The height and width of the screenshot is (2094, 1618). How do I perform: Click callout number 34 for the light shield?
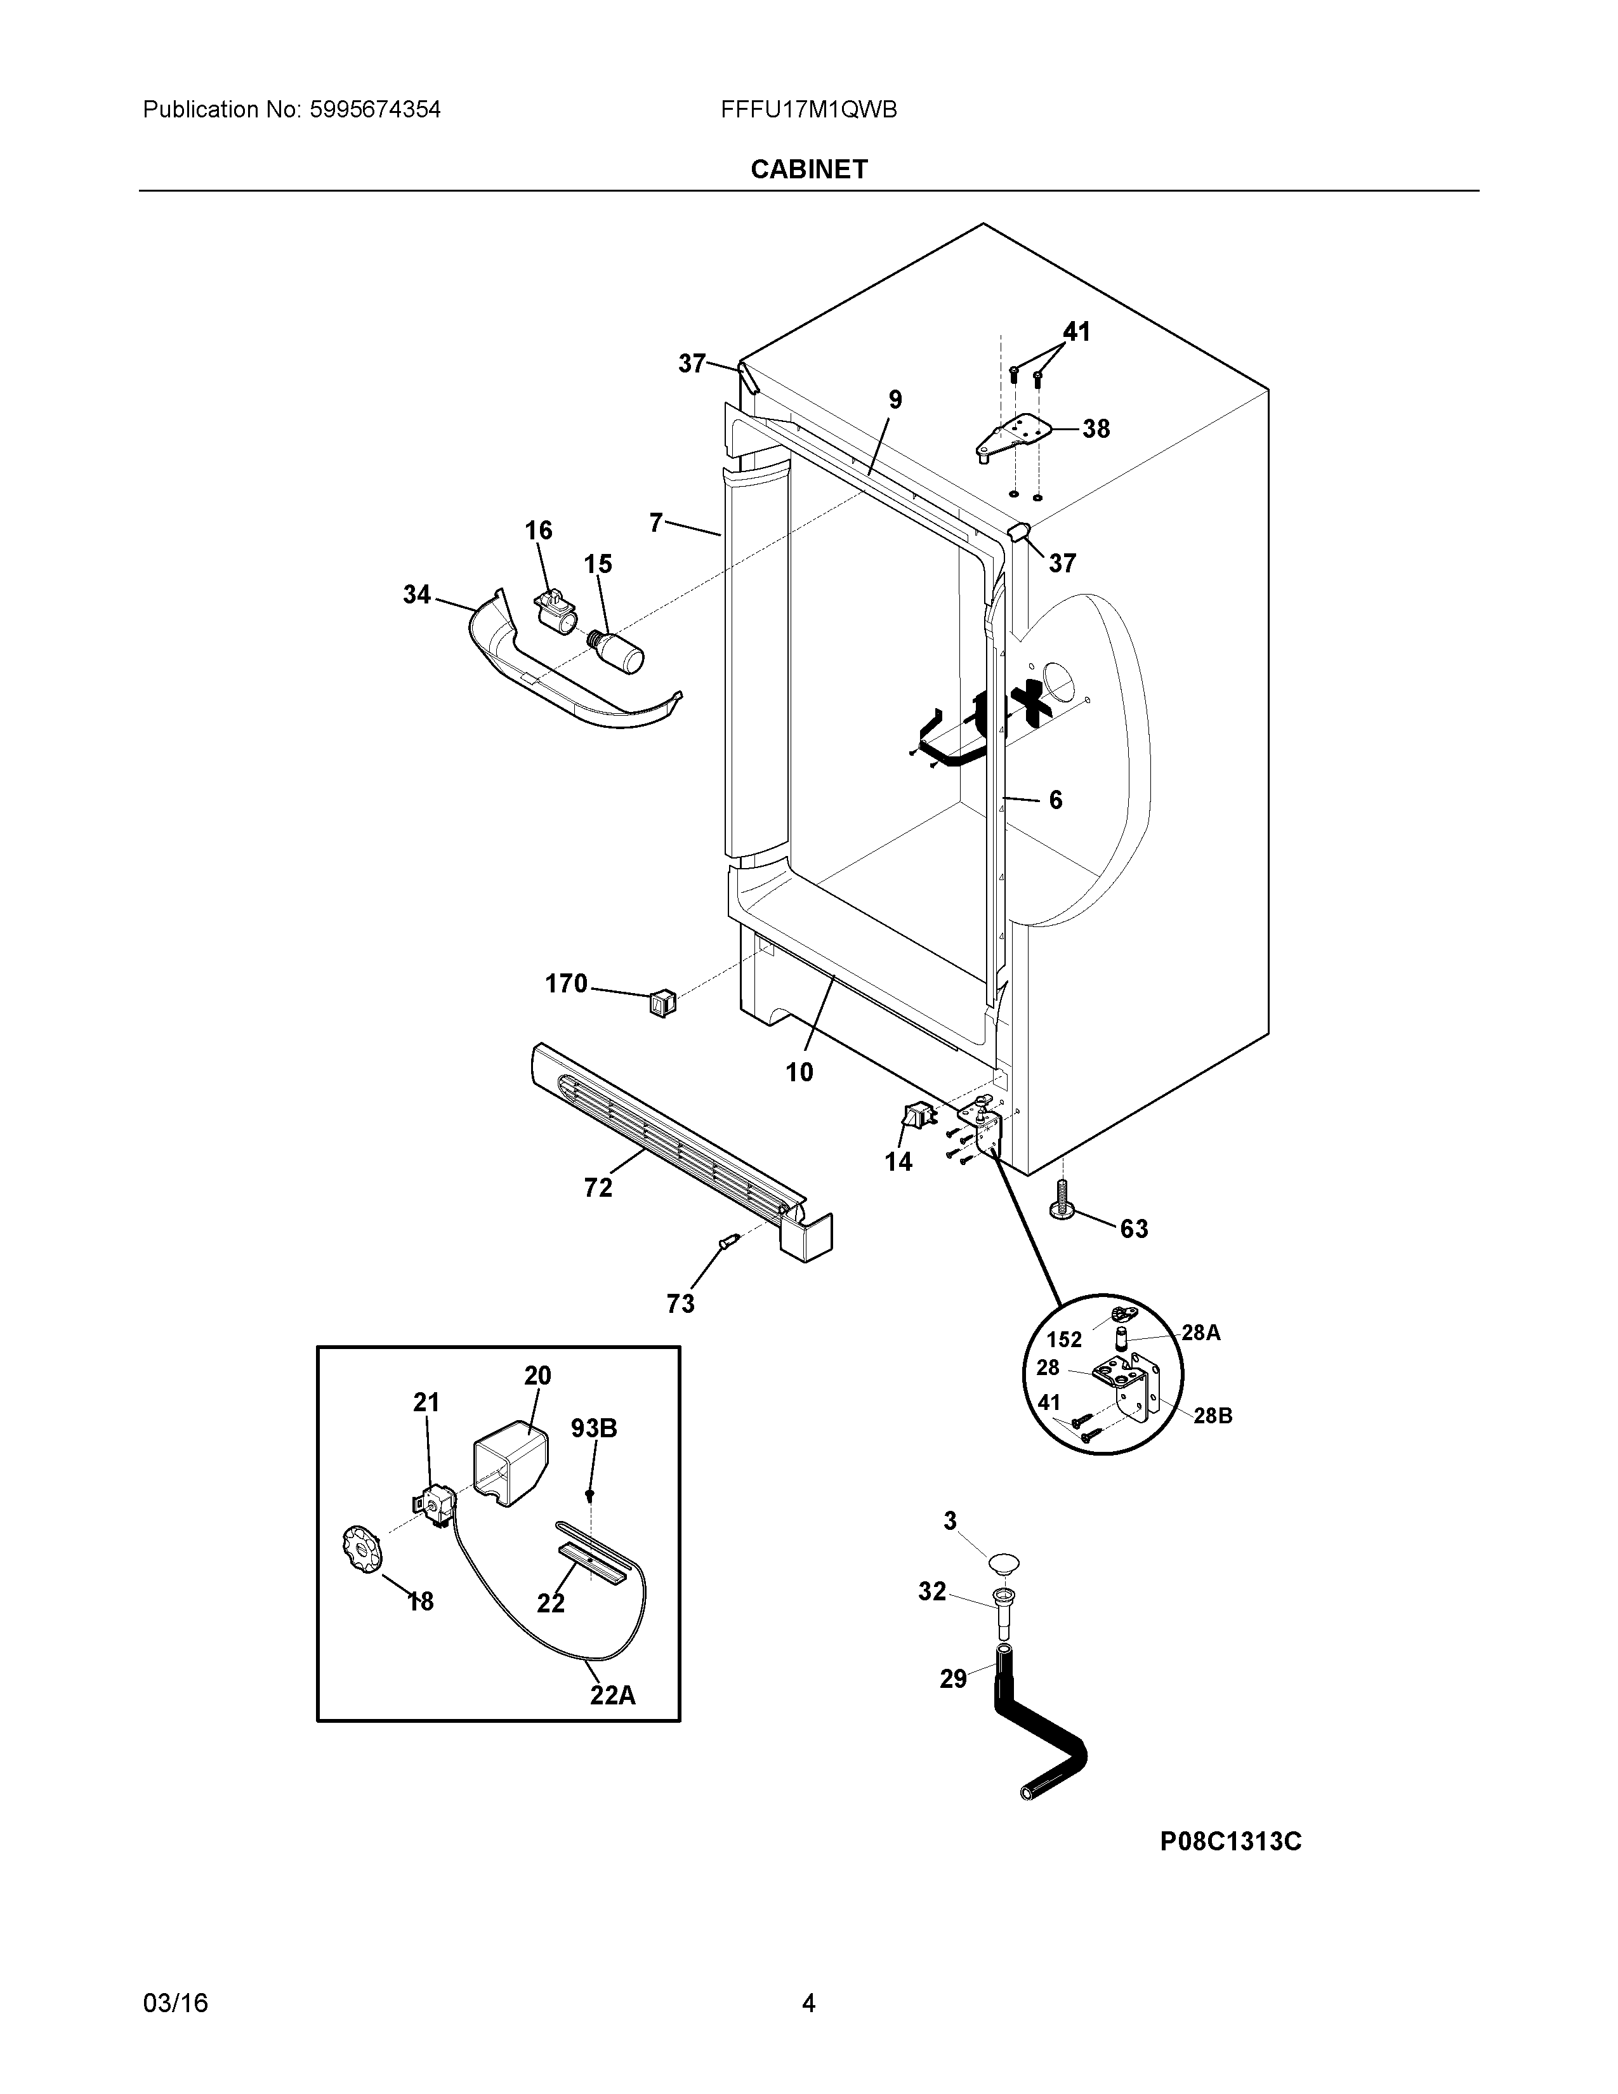(x=416, y=595)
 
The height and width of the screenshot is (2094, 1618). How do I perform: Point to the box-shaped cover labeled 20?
(x=509, y=1462)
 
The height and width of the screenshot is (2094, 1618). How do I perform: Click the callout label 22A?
(x=612, y=1695)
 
